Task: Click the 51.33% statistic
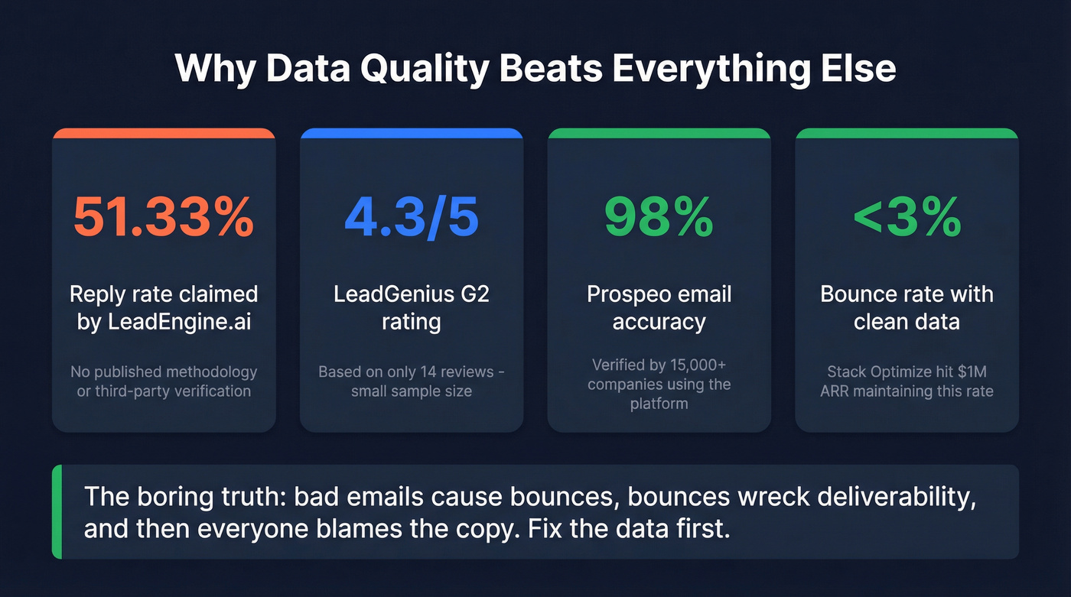(x=163, y=217)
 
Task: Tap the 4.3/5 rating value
(x=411, y=217)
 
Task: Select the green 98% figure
(x=659, y=217)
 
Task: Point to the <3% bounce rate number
(x=907, y=217)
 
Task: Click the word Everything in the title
(x=724, y=69)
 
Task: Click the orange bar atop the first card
(x=163, y=133)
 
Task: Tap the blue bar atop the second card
(x=411, y=133)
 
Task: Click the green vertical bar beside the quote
(x=56, y=511)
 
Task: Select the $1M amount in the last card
(x=972, y=372)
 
